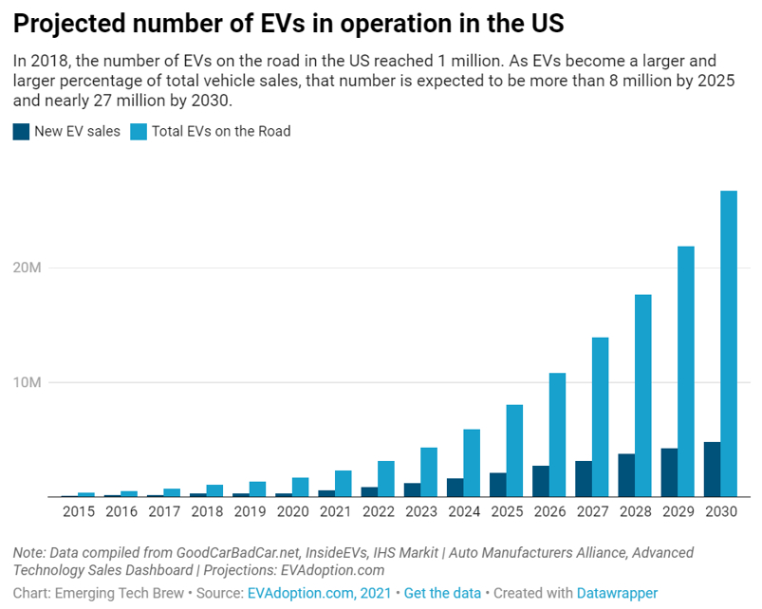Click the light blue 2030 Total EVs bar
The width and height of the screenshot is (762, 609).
[729, 343]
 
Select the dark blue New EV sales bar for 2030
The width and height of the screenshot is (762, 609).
[711, 470]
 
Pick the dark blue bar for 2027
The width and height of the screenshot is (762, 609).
[583, 479]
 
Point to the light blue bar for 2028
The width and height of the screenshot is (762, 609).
[643, 396]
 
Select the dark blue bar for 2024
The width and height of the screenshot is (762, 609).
[455, 488]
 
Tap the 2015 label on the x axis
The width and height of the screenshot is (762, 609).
[78, 512]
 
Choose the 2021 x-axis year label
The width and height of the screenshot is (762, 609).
[334, 512]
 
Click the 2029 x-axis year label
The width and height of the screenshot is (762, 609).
[677, 512]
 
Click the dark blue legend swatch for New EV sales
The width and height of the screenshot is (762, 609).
[21, 132]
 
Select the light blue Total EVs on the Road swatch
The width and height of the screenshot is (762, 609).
[139, 132]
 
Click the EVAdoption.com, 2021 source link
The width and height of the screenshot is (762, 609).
[319, 593]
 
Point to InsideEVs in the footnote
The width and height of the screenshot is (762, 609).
[277, 552]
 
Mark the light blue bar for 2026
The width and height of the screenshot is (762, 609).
[557, 434]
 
